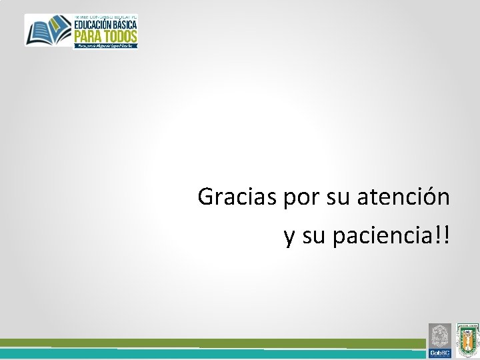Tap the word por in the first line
click(x=301, y=197)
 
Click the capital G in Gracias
click(x=206, y=197)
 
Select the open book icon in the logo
click(x=48, y=30)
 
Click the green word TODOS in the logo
click(x=121, y=35)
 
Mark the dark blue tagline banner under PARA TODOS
click(x=105, y=45)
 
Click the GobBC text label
click(x=439, y=353)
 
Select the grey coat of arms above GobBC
click(x=439, y=335)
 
